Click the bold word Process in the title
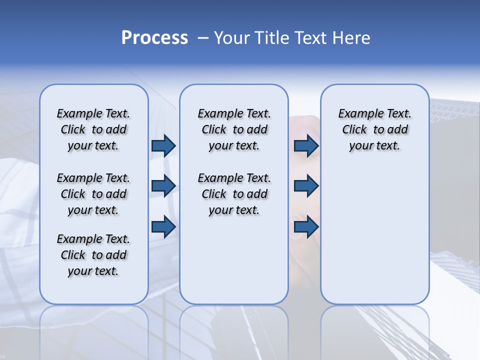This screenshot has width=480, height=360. coord(154,37)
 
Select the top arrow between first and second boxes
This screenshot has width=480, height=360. coord(163,145)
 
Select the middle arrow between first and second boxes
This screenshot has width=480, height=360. coord(163,186)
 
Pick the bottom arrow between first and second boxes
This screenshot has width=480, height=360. coord(163,226)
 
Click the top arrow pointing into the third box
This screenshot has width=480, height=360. coord(306,145)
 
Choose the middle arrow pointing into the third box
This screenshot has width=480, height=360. coord(306,186)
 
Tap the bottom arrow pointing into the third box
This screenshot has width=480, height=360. coord(306,226)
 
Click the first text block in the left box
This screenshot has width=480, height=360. coord(93,129)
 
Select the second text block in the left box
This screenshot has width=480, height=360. coord(93,194)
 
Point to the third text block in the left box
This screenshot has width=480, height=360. coord(93,255)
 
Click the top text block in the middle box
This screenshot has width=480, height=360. coord(234,129)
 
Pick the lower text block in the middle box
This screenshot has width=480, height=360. coord(234,194)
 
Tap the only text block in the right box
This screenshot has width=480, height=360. coord(374,129)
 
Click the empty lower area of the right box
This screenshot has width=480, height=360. coord(374,235)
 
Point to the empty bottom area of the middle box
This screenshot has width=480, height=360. coord(234,265)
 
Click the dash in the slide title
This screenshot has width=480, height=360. coord(203,38)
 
